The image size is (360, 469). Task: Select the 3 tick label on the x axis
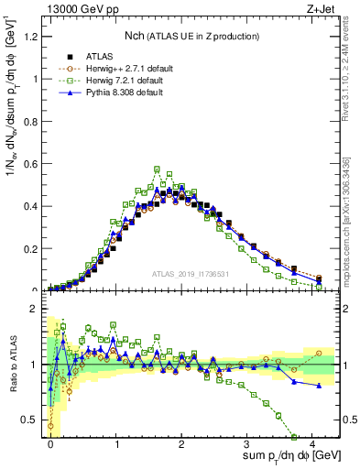pos(247,442)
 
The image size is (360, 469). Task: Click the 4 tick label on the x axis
pos(312,442)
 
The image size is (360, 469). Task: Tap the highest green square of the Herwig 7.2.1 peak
pos(158,169)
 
